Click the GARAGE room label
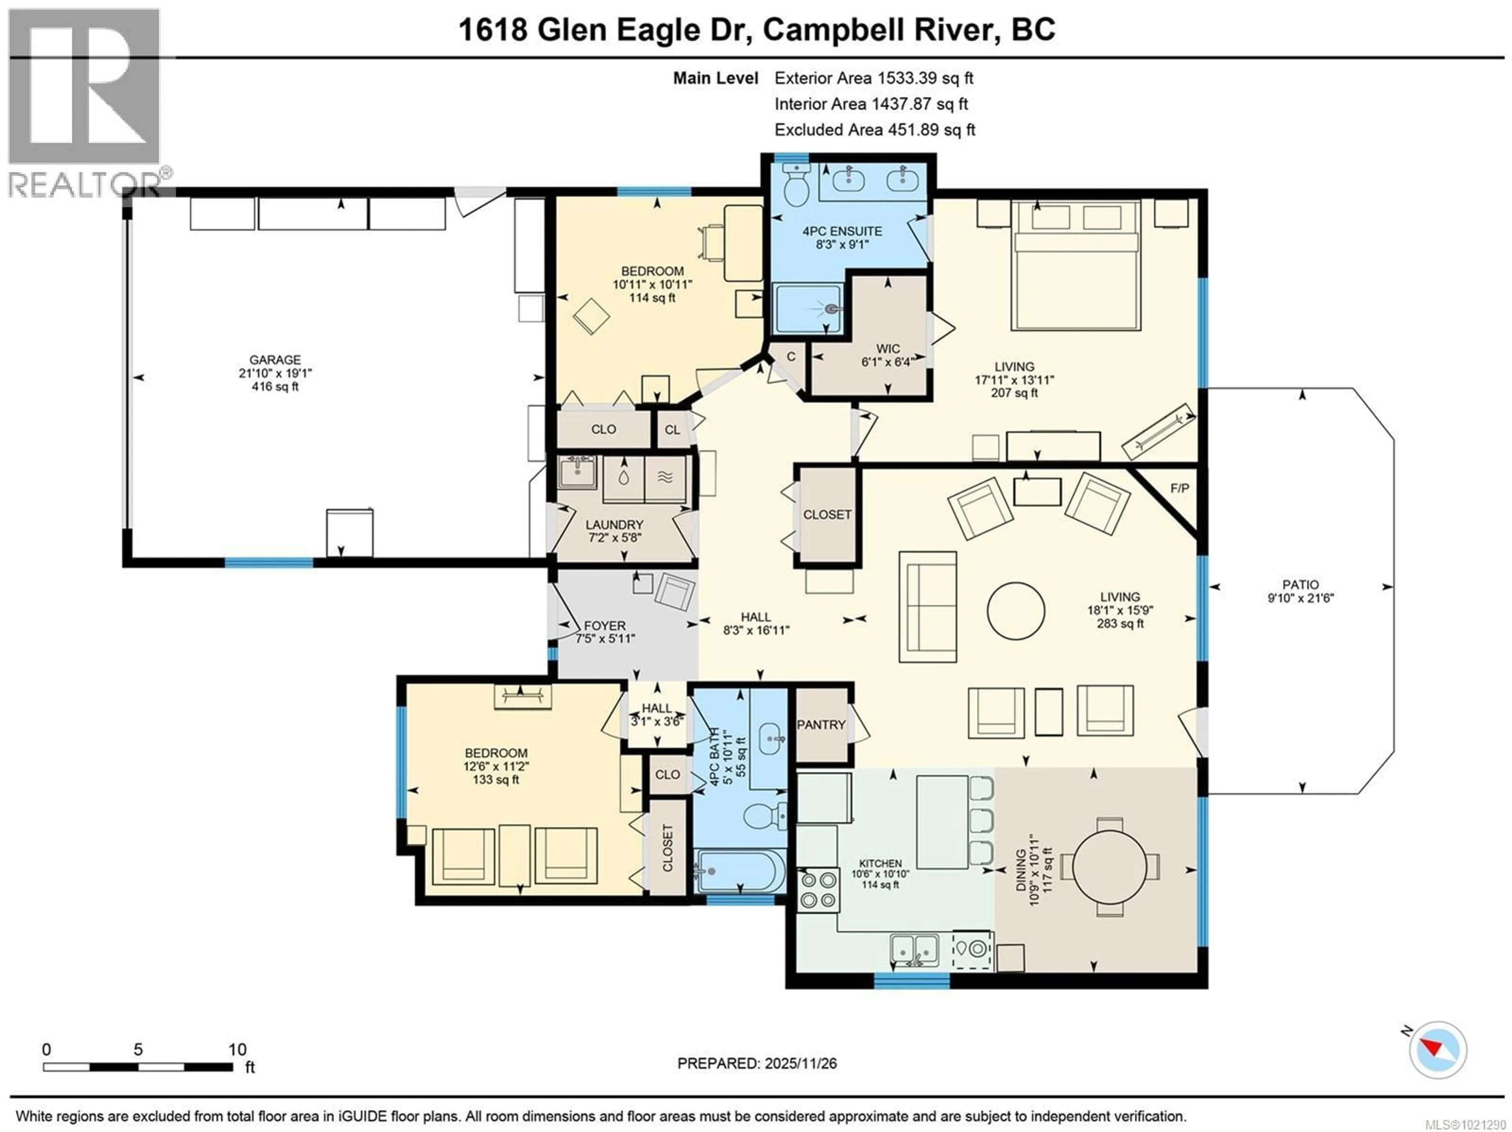(275, 359)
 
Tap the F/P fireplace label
(1180, 488)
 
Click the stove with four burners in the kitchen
(819, 889)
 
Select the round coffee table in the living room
(1016, 610)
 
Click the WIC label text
(888, 348)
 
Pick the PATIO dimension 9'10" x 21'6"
(1301, 598)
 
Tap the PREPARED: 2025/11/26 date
(757, 1063)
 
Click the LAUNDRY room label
(615, 524)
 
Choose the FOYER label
(604, 626)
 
